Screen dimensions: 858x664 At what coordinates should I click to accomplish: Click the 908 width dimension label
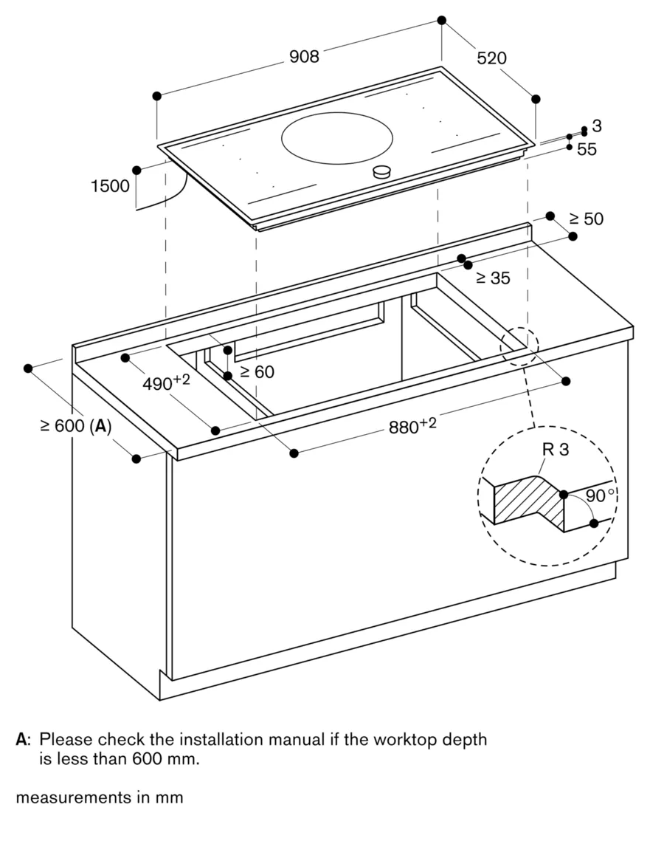[304, 57]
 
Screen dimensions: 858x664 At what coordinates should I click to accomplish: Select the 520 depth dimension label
[491, 58]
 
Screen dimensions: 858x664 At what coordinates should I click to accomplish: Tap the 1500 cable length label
[110, 186]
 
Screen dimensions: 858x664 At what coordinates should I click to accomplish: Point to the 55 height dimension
[587, 149]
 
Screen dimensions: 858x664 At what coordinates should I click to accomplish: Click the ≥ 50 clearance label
[587, 219]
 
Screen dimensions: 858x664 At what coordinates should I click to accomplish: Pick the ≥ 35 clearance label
[493, 278]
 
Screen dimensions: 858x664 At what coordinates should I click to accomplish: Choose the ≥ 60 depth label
[257, 371]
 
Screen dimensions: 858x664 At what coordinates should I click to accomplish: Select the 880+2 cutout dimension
[413, 426]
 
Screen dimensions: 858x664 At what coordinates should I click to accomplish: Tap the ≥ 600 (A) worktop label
[75, 426]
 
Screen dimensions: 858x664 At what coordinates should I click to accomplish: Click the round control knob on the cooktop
[381, 172]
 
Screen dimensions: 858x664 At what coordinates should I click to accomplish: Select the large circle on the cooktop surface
[336, 138]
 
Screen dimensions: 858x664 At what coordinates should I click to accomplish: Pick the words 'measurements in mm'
[99, 797]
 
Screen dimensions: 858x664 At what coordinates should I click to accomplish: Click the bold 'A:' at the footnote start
[23, 739]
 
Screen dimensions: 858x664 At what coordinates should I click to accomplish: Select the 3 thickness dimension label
[597, 126]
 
